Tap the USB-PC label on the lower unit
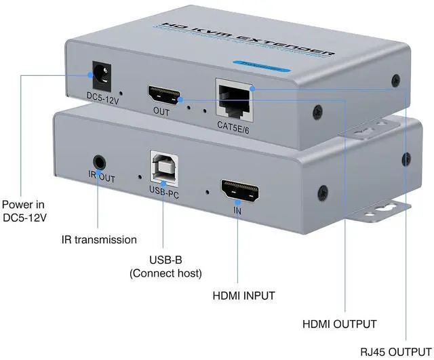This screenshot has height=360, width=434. tap(163, 192)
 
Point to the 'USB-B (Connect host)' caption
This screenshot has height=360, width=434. tap(165, 266)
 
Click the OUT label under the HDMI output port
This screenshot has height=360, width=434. tap(161, 113)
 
